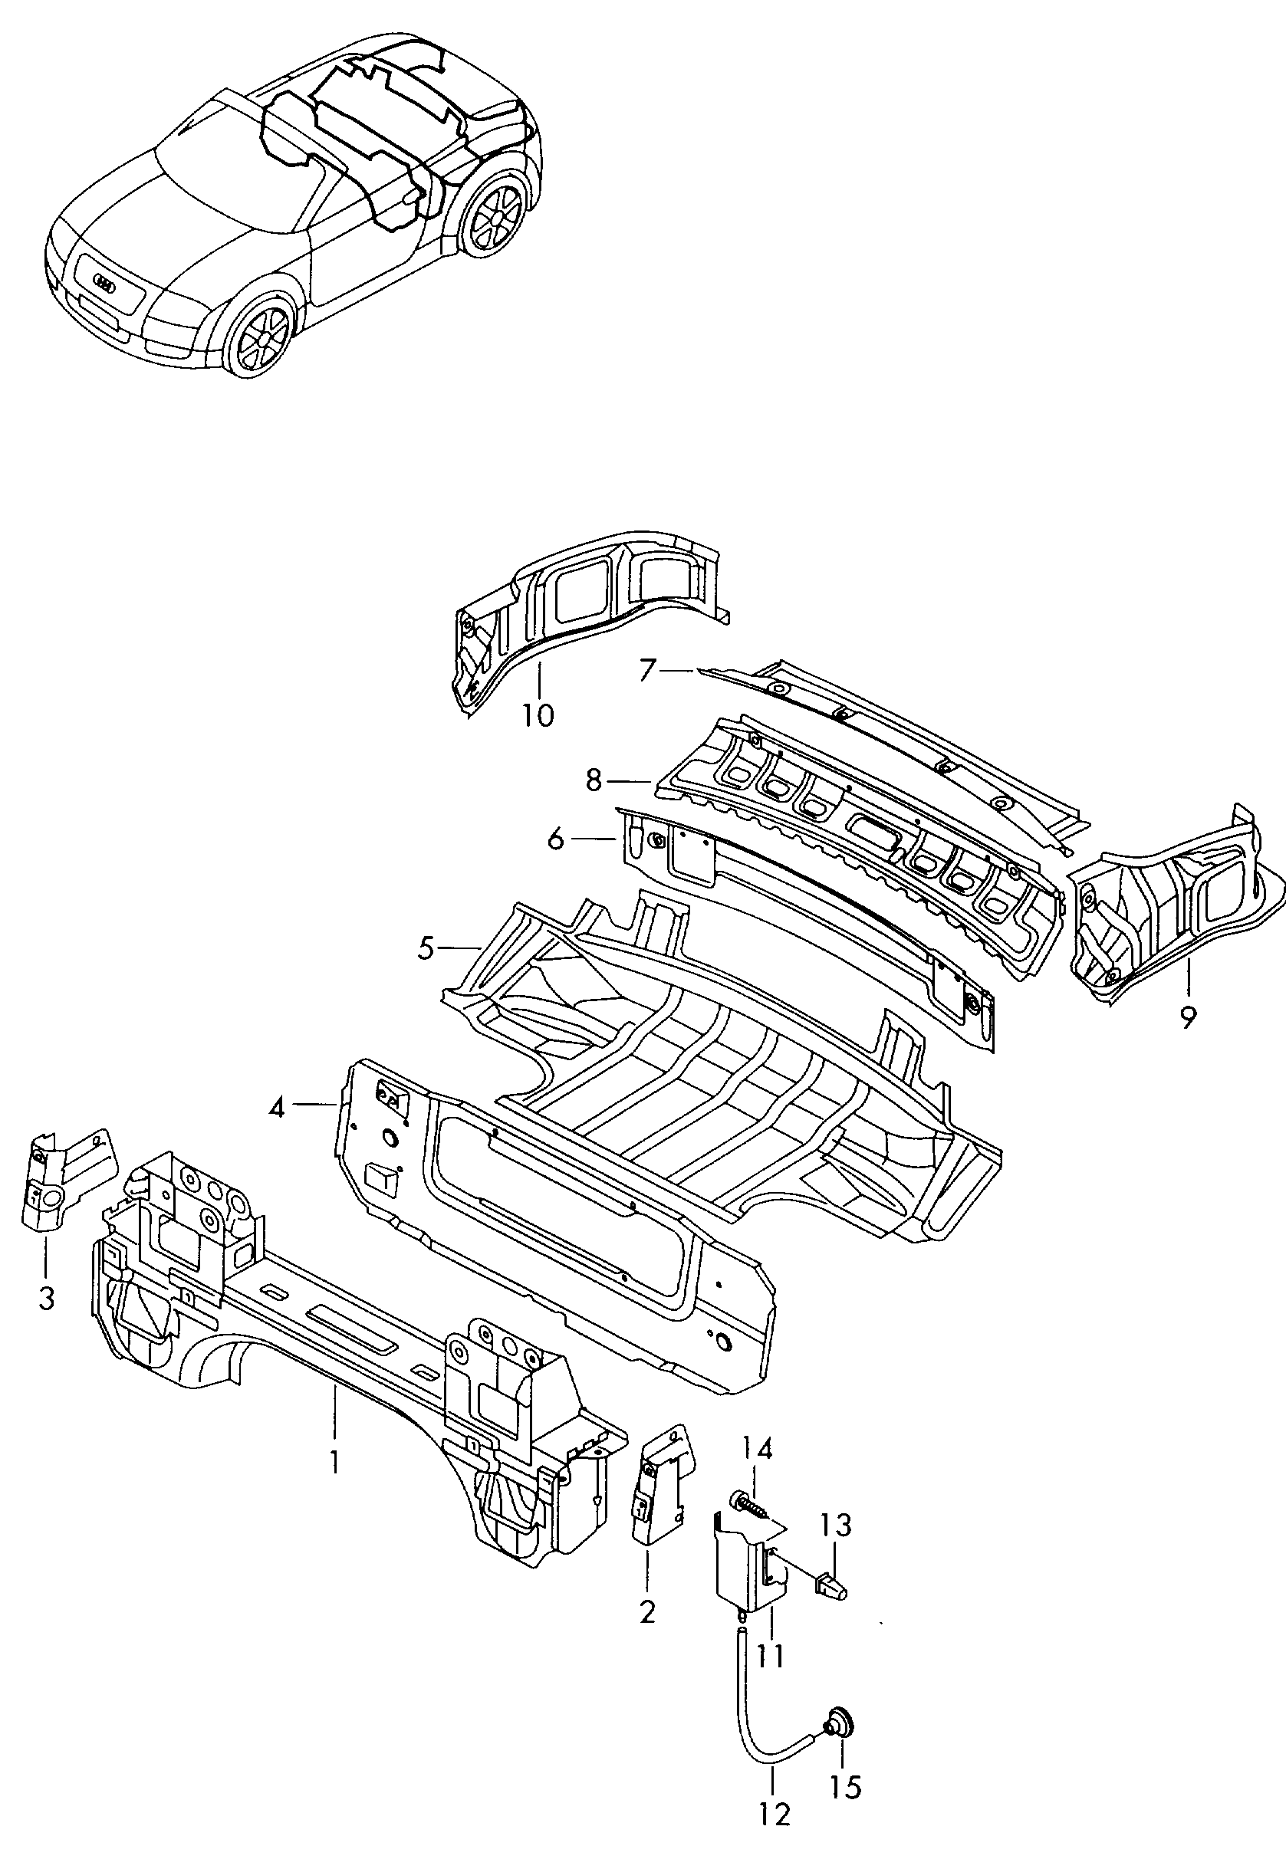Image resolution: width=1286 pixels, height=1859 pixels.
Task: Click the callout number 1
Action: point(334,1460)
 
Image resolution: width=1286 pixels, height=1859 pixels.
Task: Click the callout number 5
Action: point(426,948)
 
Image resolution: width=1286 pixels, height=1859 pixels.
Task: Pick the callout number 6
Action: point(556,839)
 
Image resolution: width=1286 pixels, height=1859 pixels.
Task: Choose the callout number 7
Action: point(647,670)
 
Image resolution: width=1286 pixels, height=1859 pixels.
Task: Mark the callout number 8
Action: point(594,780)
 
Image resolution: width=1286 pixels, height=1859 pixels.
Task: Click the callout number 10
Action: point(538,714)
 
